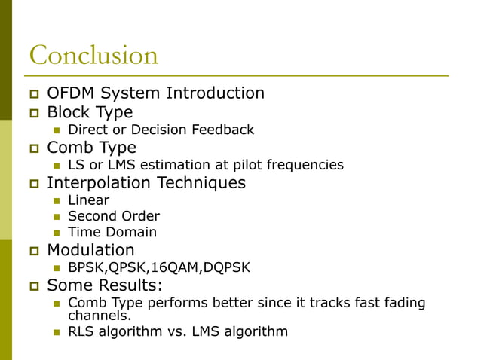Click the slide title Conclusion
click(x=93, y=56)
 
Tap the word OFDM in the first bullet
click(x=72, y=93)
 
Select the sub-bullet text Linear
click(x=88, y=200)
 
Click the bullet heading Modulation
click(x=90, y=250)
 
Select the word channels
click(x=95, y=315)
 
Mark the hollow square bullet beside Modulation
click(x=33, y=251)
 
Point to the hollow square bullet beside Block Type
click(x=33, y=113)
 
